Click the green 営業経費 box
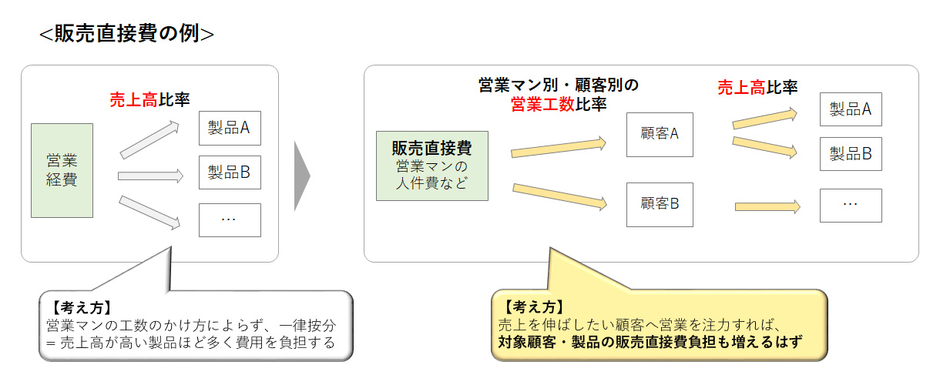coord(62,170)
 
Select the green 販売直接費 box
coord(431,166)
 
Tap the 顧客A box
coord(659,134)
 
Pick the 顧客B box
coord(659,204)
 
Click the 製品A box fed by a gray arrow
coord(230,129)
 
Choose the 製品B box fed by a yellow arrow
coord(850,154)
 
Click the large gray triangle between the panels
coord(301,176)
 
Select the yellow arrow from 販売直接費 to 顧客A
coord(559,147)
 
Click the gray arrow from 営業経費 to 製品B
coord(150,176)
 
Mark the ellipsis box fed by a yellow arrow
coord(850,205)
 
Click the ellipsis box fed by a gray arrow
coord(230,219)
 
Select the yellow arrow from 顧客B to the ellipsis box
coord(767,206)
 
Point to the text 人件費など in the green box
coord(431,182)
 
